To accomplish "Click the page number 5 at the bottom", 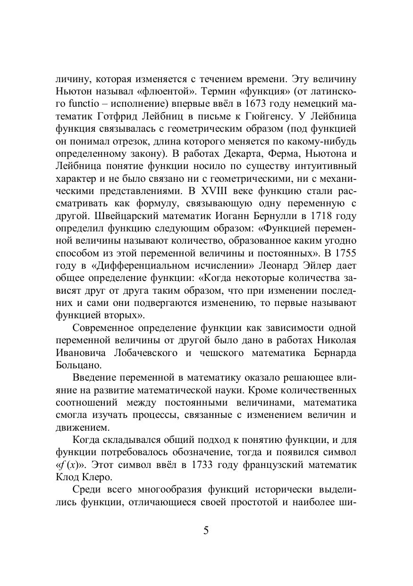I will (x=206, y=530).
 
